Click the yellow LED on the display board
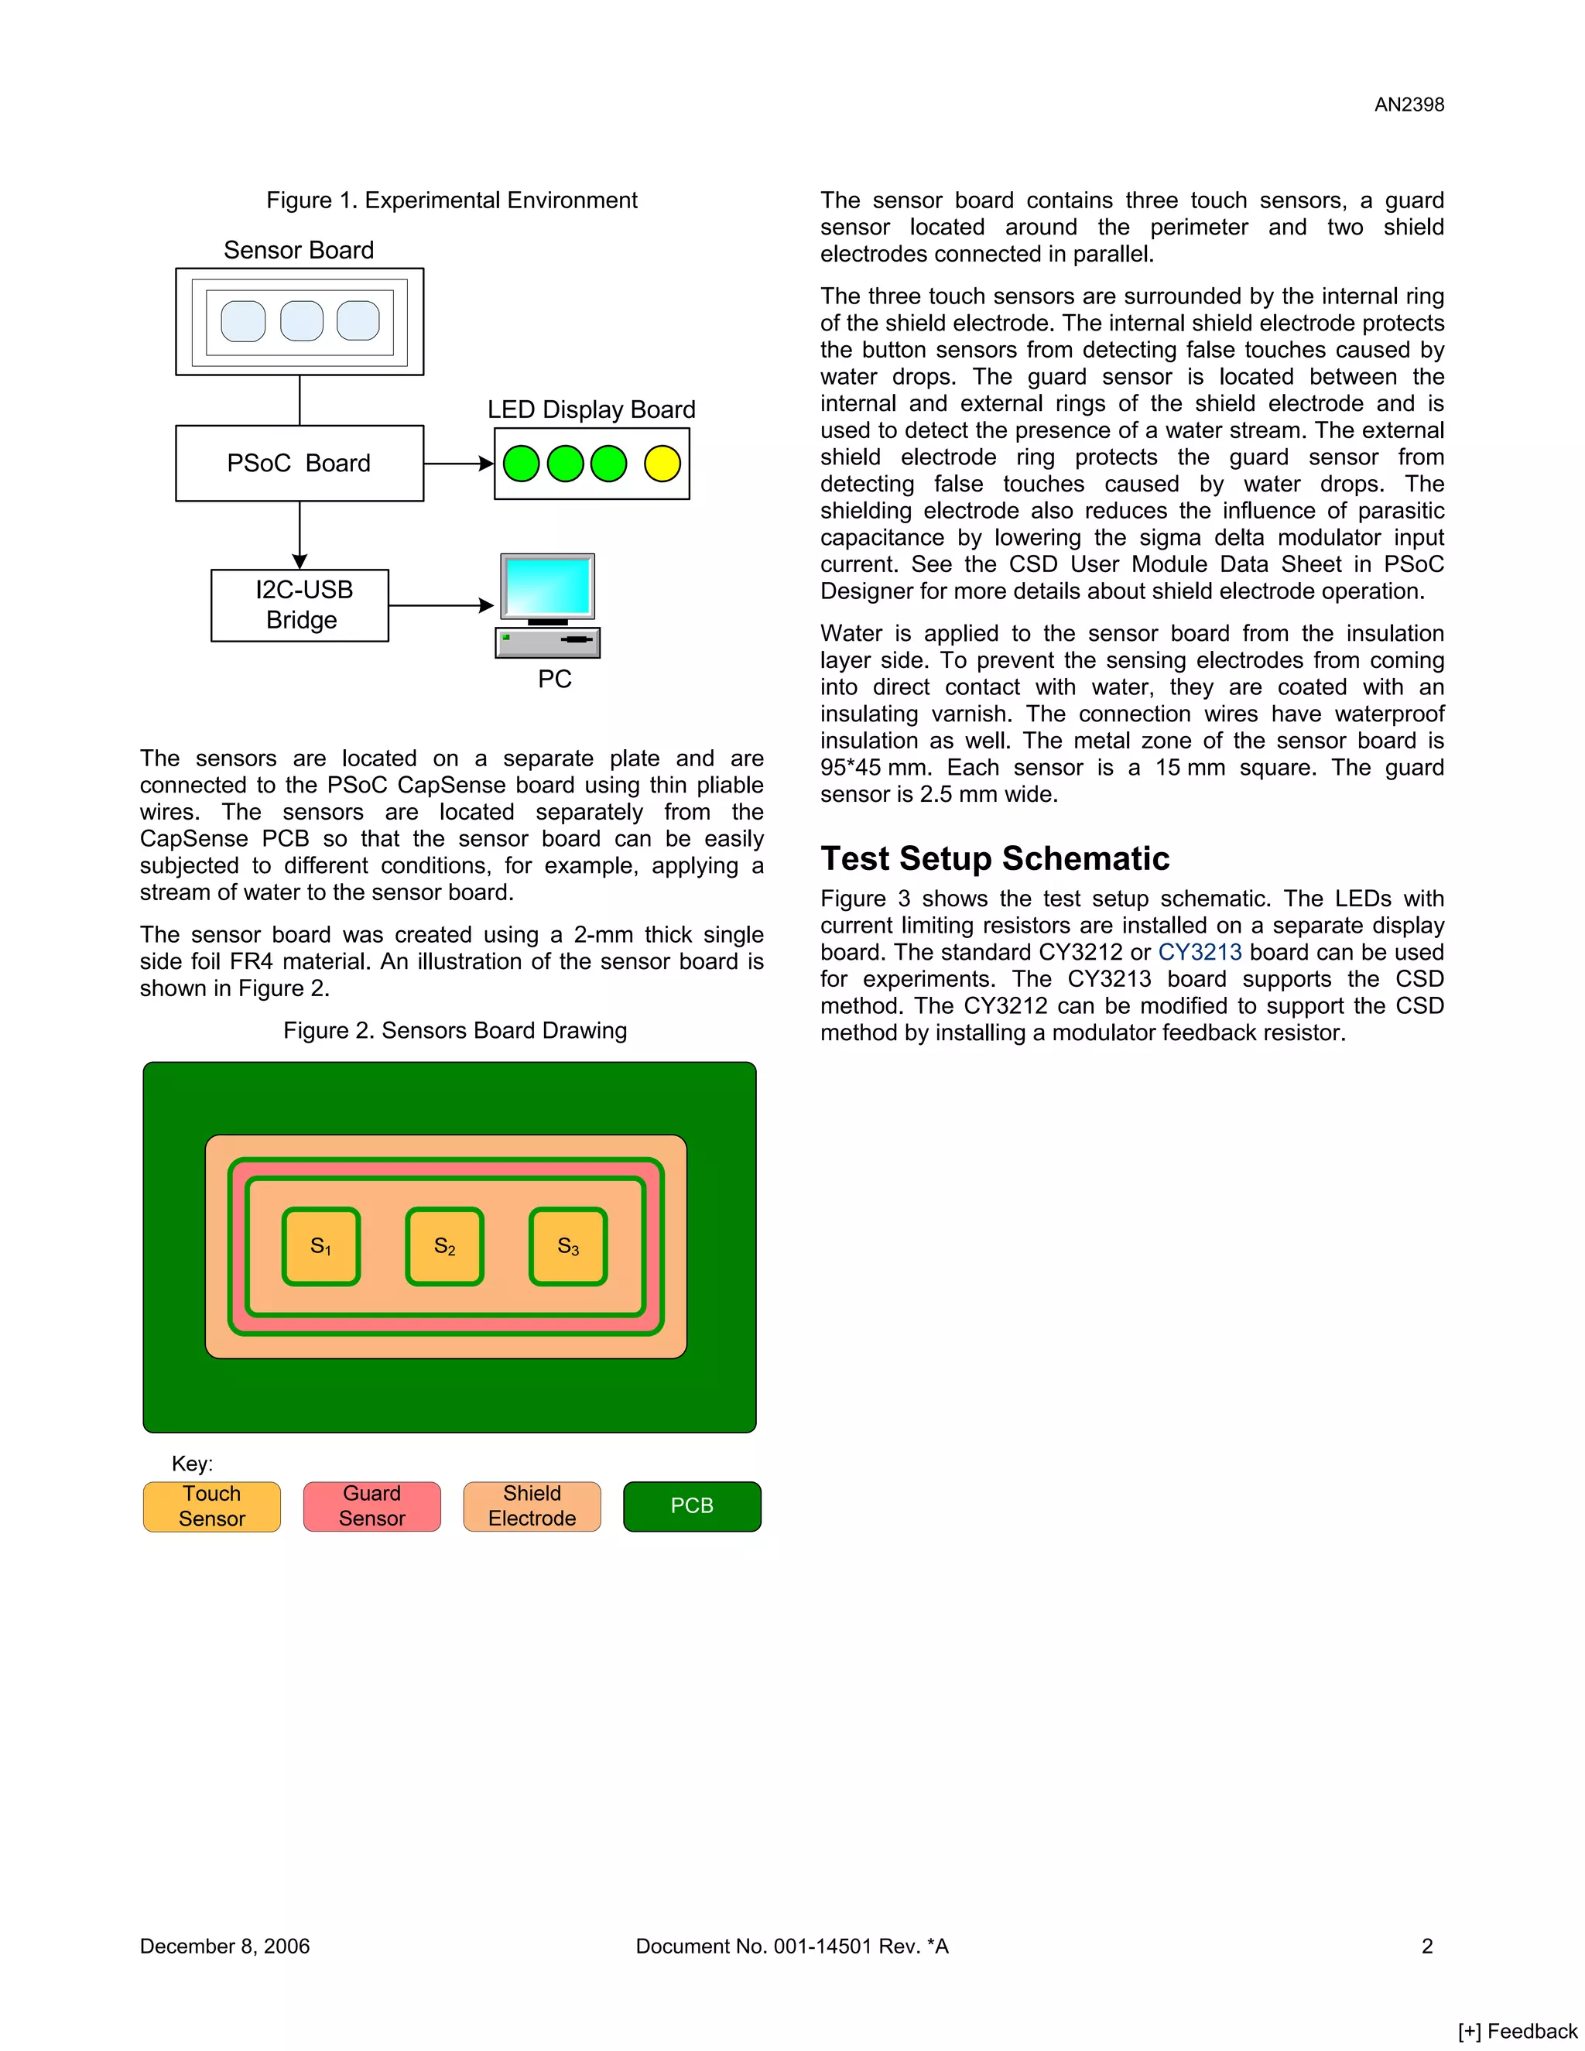pos(662,464)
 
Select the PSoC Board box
pos(300,463)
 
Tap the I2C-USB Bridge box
pos(300,606)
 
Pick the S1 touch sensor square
pos(321,1246)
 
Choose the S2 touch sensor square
pos(445,1246)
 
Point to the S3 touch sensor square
pos(568,1246)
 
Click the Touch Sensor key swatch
pos(212,1506)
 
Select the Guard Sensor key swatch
pos(371,1506)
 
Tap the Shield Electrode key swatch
pos(532,1506)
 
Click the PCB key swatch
pos(692,1506)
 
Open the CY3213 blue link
pos(1200,952)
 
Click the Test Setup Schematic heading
pos(995,858)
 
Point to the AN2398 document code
pos(1409,105)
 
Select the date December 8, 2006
pos(224,1946)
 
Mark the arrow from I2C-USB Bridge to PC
pos(440,606)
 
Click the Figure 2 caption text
pos(455,1030)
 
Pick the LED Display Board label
pos(591,409)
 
